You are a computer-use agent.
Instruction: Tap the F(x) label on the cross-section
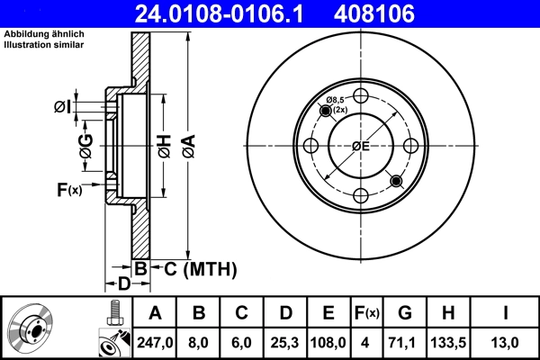[x=68, y=190]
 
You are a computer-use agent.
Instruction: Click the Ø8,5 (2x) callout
[x=337, y=104]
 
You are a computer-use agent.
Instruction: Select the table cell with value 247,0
[x=155, y=342]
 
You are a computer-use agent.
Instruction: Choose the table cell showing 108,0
[x=328, y=342]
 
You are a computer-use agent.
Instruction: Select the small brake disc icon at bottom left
[x=32, y=328]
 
